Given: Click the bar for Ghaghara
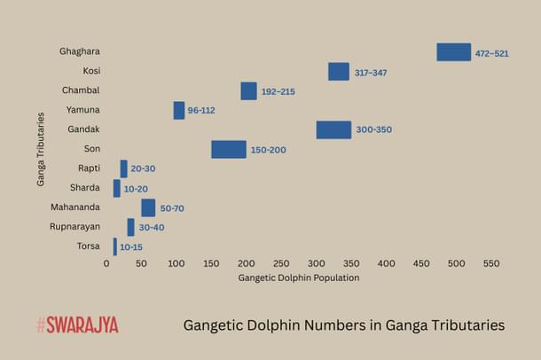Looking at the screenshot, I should click(453, 52).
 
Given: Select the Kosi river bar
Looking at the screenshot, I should click(338, 72).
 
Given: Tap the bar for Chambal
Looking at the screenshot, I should click(248, 91).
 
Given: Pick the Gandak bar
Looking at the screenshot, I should click(333, 129).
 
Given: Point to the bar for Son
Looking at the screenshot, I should click(228, 149).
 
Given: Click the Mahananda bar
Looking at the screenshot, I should click(148, 207).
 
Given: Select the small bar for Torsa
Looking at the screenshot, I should click(114, 247).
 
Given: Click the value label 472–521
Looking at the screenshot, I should click(491, 53).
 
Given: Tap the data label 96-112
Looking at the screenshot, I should click(201, 111).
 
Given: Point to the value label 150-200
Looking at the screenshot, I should click(268, 150).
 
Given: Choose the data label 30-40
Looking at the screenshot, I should click(151, 228).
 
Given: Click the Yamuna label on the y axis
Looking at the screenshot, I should click(82, 110).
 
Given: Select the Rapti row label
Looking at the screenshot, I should click(87, 168).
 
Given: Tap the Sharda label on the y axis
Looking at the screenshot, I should click(84, 187).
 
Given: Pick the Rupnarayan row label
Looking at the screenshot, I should click(75, 226).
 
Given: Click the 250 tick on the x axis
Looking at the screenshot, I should click(281, 263).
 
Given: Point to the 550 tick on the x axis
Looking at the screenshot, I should click(490, 263).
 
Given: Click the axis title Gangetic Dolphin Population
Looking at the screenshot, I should click(298, 278).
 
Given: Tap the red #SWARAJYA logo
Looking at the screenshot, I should click(77, 325).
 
